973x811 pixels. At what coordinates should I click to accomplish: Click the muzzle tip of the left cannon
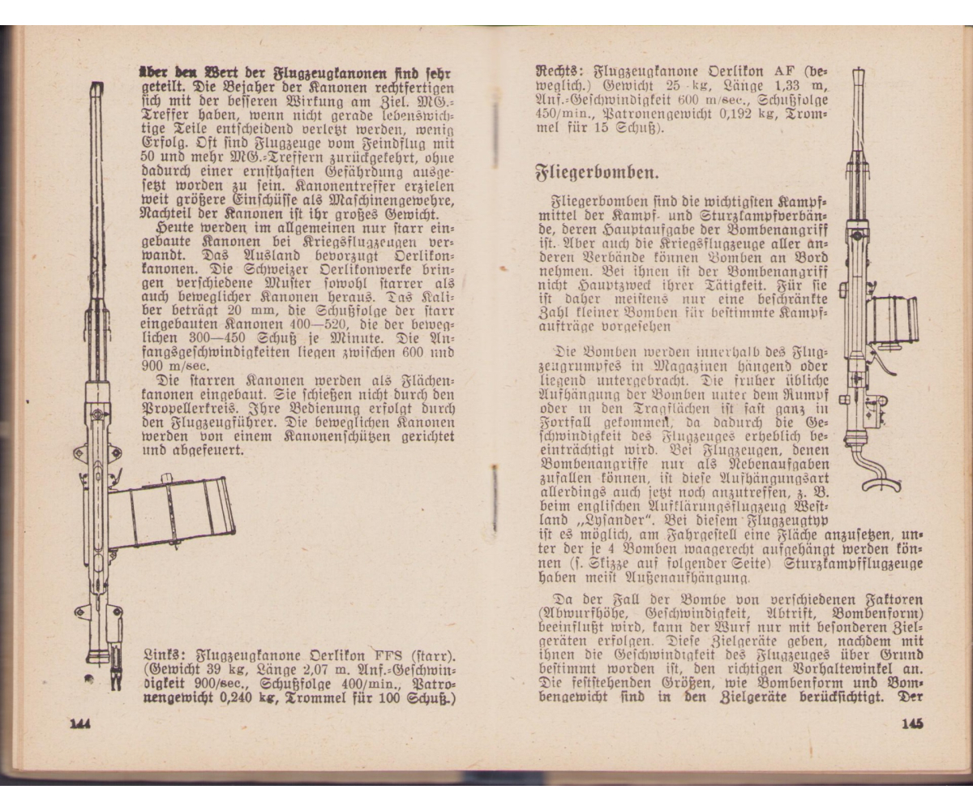tap(96, 88)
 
